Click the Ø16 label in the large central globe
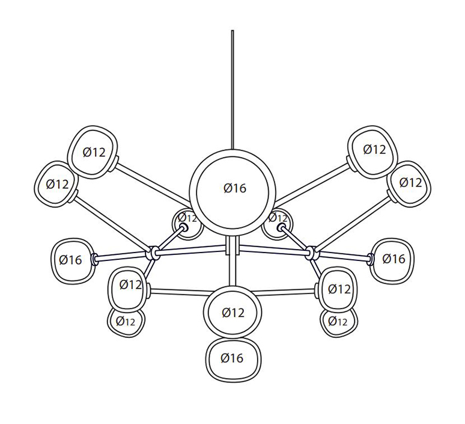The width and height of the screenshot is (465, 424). [235, 188]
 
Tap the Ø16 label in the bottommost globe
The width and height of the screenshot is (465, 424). [232, 358]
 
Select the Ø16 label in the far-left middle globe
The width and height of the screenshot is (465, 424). [70, 260]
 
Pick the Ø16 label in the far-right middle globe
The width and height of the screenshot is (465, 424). [394, 259]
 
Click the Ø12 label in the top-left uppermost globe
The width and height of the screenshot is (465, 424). [94, 152]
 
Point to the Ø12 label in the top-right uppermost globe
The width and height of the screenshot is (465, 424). [374, 149]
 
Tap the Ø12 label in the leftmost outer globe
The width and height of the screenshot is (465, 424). [57, 185]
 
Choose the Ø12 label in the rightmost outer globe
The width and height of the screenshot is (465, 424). [411, 182]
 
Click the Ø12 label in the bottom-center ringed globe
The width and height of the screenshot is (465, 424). [233, 313]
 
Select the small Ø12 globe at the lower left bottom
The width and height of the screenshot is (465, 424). [126, 322]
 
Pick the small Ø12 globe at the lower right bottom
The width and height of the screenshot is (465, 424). [339, 322]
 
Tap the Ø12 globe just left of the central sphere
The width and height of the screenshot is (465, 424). [187, 224]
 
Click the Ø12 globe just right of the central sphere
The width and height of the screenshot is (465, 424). [278, 224]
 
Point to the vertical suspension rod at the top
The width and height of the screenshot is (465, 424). [232, 90]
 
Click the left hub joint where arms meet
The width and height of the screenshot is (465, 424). [154, 253]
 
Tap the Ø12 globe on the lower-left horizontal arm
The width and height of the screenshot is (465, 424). [128, 289]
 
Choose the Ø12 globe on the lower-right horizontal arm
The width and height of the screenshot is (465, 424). [338, 289]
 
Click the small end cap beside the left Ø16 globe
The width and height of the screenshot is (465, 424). [95, 259]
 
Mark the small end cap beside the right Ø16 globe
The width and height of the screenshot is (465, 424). [370, 259]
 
